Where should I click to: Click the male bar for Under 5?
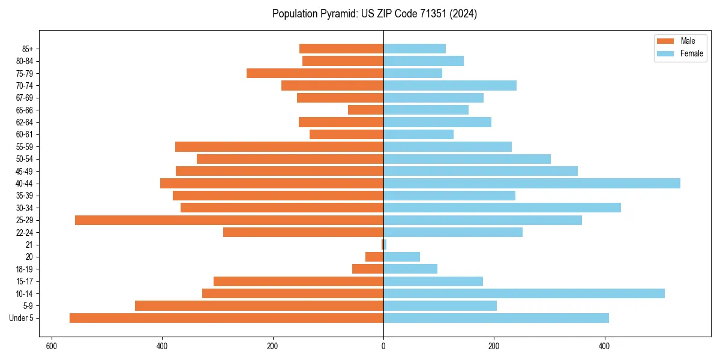click(x=226, y=318)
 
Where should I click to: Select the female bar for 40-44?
click(x=532, y=184)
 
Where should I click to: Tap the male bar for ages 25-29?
click(x=229, y=220)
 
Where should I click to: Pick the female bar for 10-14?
click(x=524, y=293)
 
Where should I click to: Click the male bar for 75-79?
click(x=315, y=73)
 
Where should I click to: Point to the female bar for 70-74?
click(x=450, y=86)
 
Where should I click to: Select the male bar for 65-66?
click(x=365, y=110)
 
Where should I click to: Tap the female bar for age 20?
click(x=401, y=257)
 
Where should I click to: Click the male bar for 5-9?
click(x=259, y=306)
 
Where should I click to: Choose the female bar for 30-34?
click(x=502, y=208)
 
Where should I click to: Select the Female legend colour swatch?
click(x=665, y=53)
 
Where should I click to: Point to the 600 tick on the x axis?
click(x=51, y=346)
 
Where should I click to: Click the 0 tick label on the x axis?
click(x=383, y=346)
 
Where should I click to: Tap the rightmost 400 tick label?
click(x=604, y=346)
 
